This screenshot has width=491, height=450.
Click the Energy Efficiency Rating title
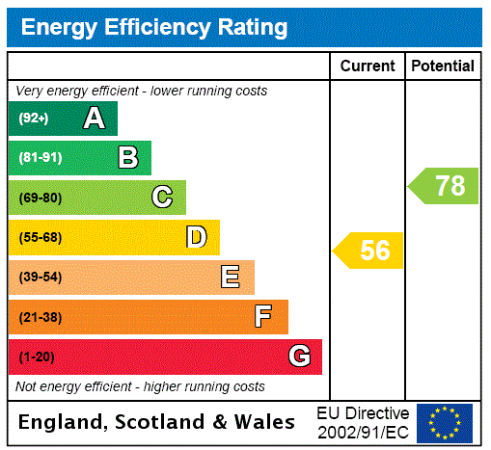coord(154,27)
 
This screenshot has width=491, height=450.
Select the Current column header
coord(368,66)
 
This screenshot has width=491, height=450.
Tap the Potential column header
coord(443,66)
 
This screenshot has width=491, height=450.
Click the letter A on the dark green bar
coord(94,119)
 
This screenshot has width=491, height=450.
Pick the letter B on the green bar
coord(128,158)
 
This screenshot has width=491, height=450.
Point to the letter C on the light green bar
coord(162,198)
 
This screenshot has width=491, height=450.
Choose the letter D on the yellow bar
coord(197,237)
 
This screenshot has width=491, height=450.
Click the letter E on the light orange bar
coord(231,278)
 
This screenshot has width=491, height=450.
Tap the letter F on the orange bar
coord(263,317)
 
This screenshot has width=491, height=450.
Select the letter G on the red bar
coord(299,357)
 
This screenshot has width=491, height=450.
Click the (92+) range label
coord(34,119)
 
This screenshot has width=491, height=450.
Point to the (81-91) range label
coord(40,158)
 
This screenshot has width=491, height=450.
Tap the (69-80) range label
coord(40,198)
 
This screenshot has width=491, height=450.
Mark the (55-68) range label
coord(40,237)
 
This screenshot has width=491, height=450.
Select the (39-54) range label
coord(40,278)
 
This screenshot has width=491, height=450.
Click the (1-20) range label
coord(37,357)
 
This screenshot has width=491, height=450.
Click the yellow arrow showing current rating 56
coord(369,251)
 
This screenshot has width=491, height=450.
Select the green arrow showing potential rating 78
coord(445,185)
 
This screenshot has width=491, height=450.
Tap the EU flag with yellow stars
coord(445,423)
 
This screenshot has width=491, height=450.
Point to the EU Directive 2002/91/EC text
coord(363,422)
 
